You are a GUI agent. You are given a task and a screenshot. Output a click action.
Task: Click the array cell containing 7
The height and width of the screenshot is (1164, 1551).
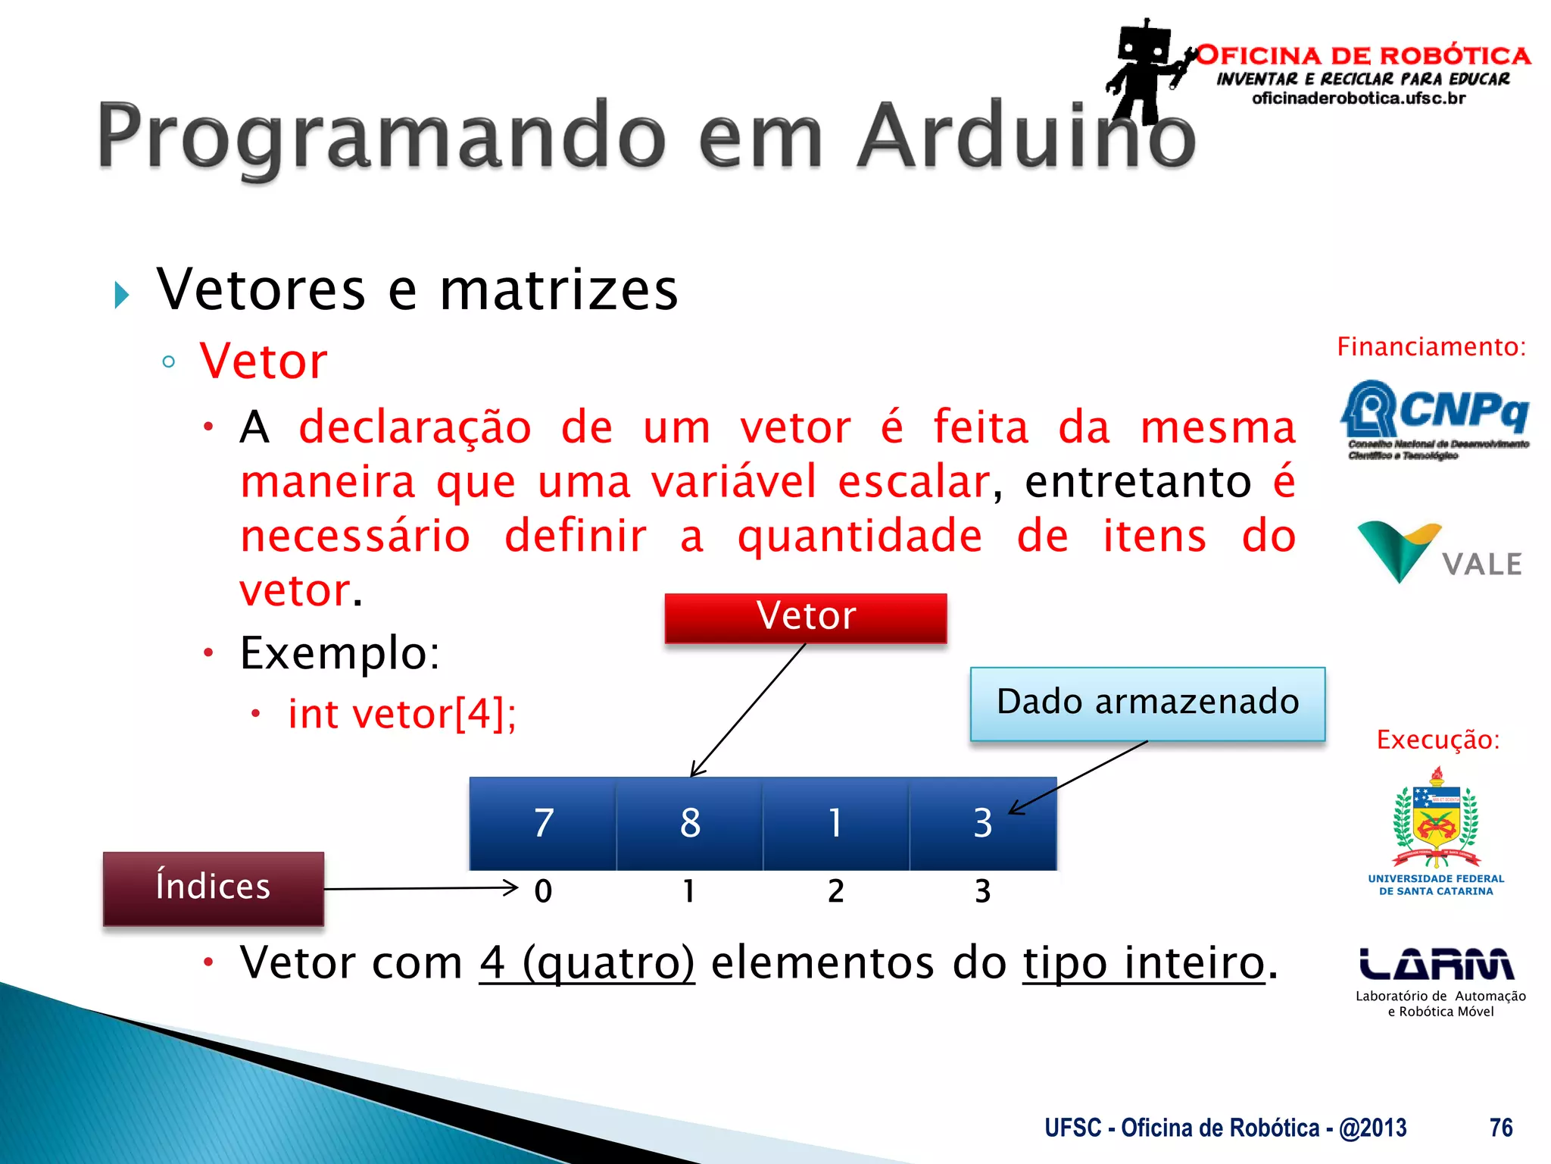pyautogui.click(x=543, y=823)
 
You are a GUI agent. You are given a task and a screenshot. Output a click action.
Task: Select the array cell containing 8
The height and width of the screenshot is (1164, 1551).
pyautogui.click(x=689, y=823)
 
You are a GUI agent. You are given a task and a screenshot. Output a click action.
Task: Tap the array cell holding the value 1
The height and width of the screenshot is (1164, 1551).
pyautogui.click(x=835, y=823)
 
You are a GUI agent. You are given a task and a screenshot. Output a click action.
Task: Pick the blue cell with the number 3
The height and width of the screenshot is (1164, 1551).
pyautogui.click(x=982, y=823)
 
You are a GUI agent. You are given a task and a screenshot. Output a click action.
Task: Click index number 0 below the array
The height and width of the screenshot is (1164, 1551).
pyautogui.click(x=543, y=891)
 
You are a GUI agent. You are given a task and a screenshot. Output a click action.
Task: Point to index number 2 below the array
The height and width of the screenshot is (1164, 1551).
pyautogui.click(x=835, y=891)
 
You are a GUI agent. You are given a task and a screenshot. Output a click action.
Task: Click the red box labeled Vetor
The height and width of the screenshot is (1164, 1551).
pyautogui.click(x=806, y=617)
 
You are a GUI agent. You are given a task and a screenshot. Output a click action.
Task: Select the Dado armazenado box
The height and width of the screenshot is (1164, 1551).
pyautogui.click(x=1147, y=703)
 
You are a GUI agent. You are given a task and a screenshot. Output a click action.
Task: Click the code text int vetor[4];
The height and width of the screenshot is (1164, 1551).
pyautogui.click(x=401, y=714)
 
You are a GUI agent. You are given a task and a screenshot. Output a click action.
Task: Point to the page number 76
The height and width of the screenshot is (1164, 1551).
pyautogui.click(x=1500, y=1128)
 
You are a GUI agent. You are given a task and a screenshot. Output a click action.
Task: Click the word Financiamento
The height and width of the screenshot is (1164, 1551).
pyautogui.click(x=1431, y=347)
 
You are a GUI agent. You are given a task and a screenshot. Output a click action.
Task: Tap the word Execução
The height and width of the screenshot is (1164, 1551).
pyautogui.click(x=1437, y=740)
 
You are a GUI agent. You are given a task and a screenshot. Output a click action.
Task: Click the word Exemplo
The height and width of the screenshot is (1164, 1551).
pyautogui.click(x=339, y=652)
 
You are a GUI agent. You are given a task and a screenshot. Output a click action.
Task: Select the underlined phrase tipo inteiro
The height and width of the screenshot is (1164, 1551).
pyautogui.click(x=1144, y=963)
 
